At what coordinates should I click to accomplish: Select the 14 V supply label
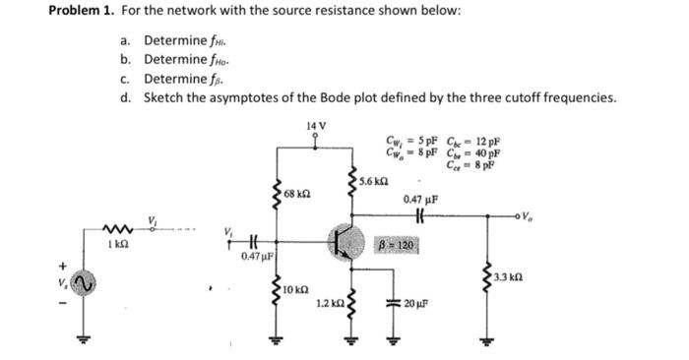[x=315, y=125]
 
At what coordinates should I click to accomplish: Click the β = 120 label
[x=400, y=243]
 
